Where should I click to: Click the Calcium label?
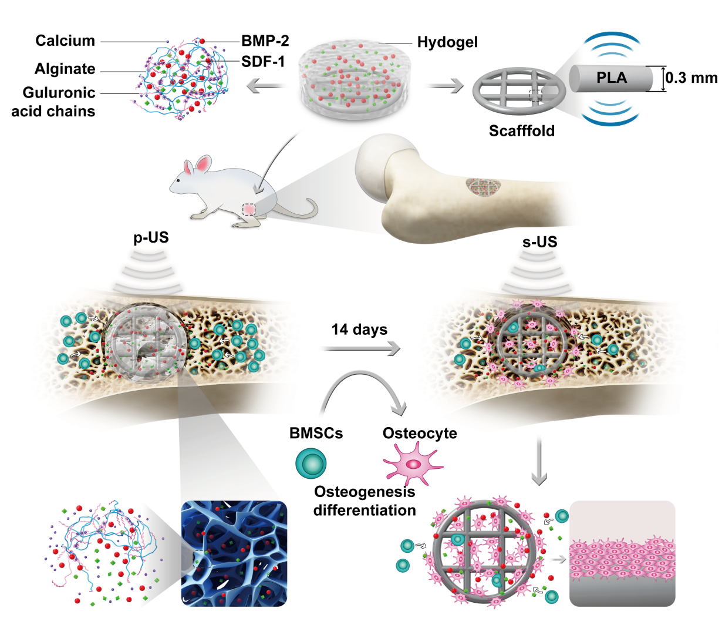(65, 41)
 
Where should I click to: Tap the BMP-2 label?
(265, 41)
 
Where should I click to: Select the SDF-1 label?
(263, 62)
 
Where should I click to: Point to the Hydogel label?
(447, 42)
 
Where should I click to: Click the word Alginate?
(65, 69)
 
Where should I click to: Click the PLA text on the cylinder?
(612, 78)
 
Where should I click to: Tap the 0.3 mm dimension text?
(691, 78)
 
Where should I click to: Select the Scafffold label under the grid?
(522, 130)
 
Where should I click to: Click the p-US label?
(151, 237)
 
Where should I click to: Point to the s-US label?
(539, 242)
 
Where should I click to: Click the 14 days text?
(359, 330)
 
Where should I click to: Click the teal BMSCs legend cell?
(311, 464)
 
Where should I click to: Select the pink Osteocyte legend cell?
(413, 464)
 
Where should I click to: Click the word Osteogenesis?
(365, 492)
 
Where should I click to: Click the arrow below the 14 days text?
(362, 349)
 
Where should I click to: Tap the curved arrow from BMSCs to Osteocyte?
(359, 372)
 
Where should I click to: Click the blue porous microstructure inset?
(234, 553)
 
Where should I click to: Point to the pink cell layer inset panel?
(622, 553)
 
